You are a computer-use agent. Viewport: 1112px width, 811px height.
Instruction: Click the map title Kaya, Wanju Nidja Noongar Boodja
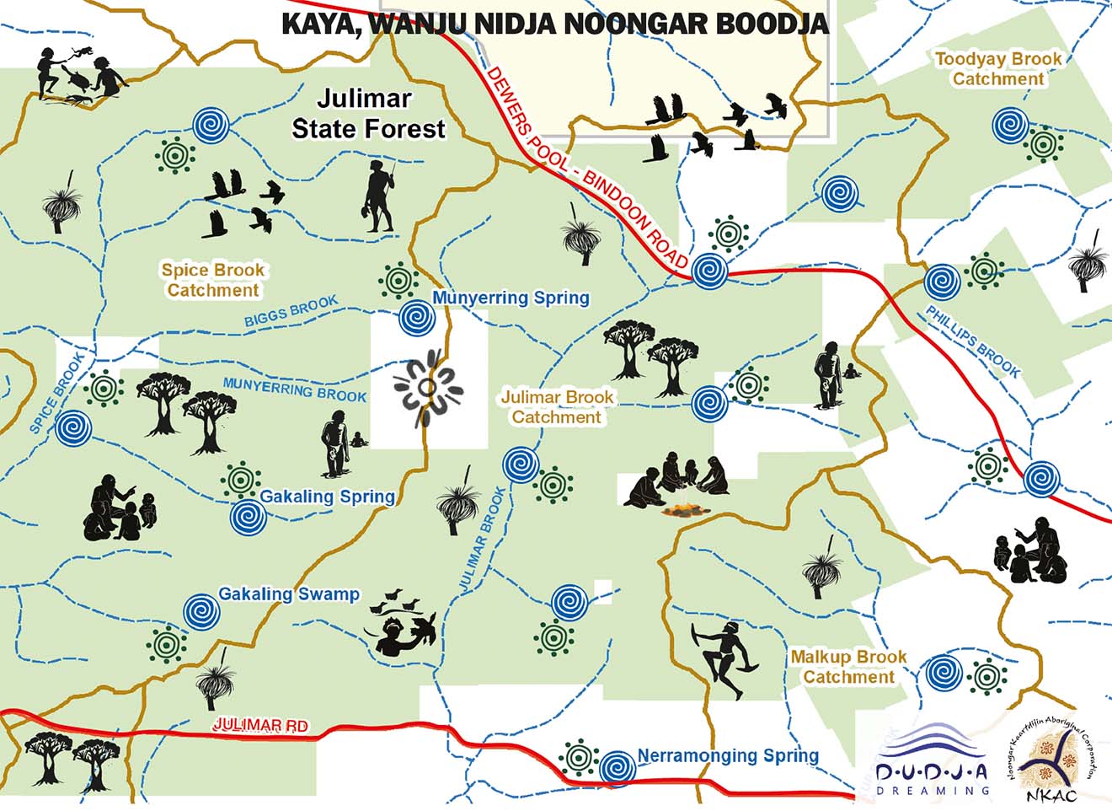tap(554, 24)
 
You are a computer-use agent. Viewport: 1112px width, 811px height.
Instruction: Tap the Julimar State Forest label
tap(367, 114)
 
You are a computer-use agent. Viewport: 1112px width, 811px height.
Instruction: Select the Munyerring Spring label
tap(511, 298)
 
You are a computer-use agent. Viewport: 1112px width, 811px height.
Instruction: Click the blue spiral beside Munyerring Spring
tap(417, 319)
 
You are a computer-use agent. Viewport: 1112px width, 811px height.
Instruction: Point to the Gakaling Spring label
tap(327, 497)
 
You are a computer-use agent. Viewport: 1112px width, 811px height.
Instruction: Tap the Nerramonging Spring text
tap(728, 755)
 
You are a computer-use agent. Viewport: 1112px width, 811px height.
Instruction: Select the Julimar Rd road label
tap(260, 725)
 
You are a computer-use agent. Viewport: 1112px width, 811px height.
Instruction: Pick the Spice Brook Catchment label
tap(213, 280)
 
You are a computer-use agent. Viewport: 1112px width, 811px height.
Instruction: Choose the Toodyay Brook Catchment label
tap(998, 68)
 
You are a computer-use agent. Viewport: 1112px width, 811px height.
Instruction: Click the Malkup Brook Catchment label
tap(848, 666)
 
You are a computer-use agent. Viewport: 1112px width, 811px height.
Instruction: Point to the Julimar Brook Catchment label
tap(557, 406)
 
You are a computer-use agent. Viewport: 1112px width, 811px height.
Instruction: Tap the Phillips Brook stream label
tap(973, 341)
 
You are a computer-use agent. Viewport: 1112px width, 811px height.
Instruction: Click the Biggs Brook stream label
tap(291, 311)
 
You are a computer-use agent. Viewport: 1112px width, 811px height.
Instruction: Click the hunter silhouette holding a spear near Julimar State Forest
tap(380, 196)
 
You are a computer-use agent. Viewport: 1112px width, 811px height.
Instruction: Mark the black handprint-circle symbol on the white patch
tap(428, 388)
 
